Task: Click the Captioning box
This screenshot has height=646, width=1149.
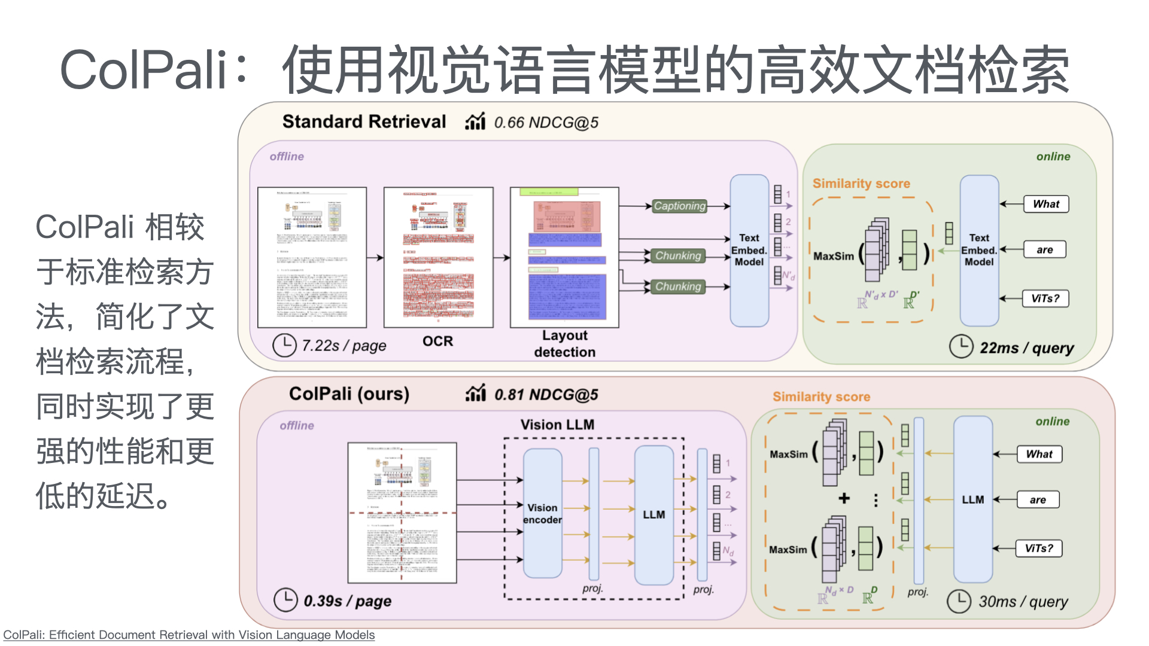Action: (x=679, y=206)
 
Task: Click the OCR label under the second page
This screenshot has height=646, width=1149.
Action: (x=437, y=341)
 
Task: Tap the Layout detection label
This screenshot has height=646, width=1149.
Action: (x=564, y=343)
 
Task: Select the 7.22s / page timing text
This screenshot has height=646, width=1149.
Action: (x=344, y=346)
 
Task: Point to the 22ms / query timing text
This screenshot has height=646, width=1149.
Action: (x=1026, y=348)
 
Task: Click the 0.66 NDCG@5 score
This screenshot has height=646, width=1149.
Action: (x=546, y=123)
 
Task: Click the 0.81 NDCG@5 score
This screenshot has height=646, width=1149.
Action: (x=546, y=395)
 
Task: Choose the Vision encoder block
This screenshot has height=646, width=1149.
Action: (x=542, y=513)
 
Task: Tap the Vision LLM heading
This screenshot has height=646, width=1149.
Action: (x=557, y=425)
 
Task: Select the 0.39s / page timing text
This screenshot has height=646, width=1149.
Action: (x=347, y=601)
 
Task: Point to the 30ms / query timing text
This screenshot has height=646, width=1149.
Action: (x=1023, y=601)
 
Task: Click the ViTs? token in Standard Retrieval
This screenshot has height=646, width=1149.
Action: (x=1045, y=298)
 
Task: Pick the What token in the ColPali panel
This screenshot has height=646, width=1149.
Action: (x=1039, y=454)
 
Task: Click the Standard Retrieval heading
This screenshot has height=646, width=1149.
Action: (x=364, y=121)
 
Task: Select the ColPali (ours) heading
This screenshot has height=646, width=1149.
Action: (x=349, y=394)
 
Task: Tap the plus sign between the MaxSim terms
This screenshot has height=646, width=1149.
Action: (x=844, y=498)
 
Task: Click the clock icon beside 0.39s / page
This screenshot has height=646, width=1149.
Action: (x=285, y=600)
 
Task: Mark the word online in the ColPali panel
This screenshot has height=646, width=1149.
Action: (x=1052, y=421)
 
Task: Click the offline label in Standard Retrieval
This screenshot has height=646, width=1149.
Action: (x=287, y=156)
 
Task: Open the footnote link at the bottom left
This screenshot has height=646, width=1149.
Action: (x=189, y=635)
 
